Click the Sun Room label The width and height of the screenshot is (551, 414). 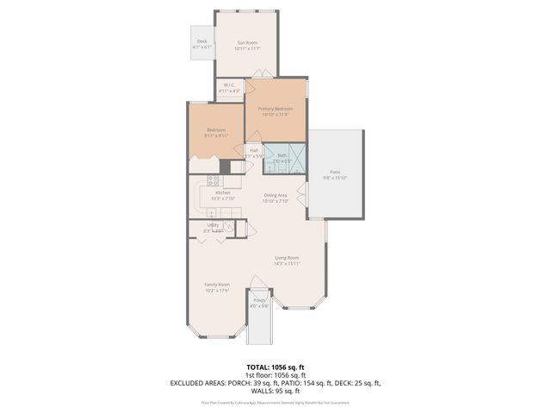pyautogui.click(x=247, y=42)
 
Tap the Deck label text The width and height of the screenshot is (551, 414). pyautogui.click(x=202, y=41)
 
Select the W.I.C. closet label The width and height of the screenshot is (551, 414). pyautogui.click(x=230, y=85)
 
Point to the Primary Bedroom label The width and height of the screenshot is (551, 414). pyautogui.click(x=275, y=109)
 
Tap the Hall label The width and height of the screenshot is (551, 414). pyautogui.click(x=254, y=150)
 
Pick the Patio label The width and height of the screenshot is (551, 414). pyautogui.click(x=335, y=172)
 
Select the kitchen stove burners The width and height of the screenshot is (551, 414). pyautogui.click(x=212, y=181)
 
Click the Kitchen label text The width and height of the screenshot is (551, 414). pyautogui.click(x=211, y=193)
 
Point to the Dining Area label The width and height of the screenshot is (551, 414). pyautogui.click(x=275, y=195)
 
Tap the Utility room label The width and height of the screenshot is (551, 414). pyautogui.click(x=213, y=225)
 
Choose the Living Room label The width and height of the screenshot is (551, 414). pyautogui.click(x=287, y=258)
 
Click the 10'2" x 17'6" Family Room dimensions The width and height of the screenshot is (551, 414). pyautogui.click(x=217, y=291)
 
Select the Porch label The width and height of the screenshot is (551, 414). pyautogui.click(x=259, y=300)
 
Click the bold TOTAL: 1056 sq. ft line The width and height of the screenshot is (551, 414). pyautogui.click(x=275, y=367)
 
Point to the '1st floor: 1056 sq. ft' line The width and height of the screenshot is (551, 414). pyautogui.click(x=275, y=374)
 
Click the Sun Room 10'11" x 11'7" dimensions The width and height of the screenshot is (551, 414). pyautogui.click(x=247, y=48)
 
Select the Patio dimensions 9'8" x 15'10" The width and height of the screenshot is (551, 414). pyautogui.click(x=335, y=178)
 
